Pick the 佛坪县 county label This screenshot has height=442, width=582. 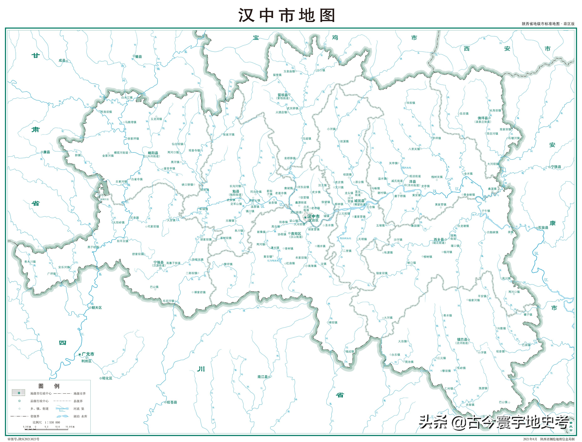click(483, 118)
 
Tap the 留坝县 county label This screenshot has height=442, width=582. click(283, 95)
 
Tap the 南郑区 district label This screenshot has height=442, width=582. click(296, 233)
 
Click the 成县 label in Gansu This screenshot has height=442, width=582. click(62, 60)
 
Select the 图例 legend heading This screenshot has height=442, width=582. click(49, 386)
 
